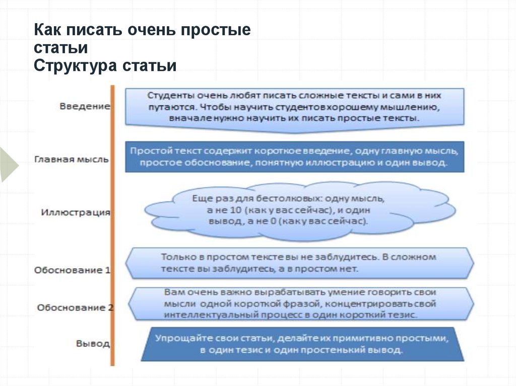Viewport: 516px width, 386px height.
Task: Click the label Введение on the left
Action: pyautogui.click(x=85, y=107)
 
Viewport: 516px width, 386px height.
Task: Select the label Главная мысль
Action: pyautogui.click(x=71, y=159)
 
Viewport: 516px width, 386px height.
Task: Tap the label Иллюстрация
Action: pyautogui.click(x=76, y=212)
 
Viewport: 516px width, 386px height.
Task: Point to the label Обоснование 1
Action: pyautogui.click(x=72, y=270)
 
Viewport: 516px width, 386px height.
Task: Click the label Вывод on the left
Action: pyautogui.click(x=93, y=344)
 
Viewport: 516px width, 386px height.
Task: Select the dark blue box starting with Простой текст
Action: pyautogui.click(x=295, y=157)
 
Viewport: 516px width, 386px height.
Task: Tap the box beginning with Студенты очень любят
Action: pyautogui.click(x=295, y=107)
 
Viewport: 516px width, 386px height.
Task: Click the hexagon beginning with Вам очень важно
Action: pyautogui.click(x=300, y=304)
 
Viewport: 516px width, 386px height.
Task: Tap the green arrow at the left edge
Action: pyautogui.click(x=8, y=164)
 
